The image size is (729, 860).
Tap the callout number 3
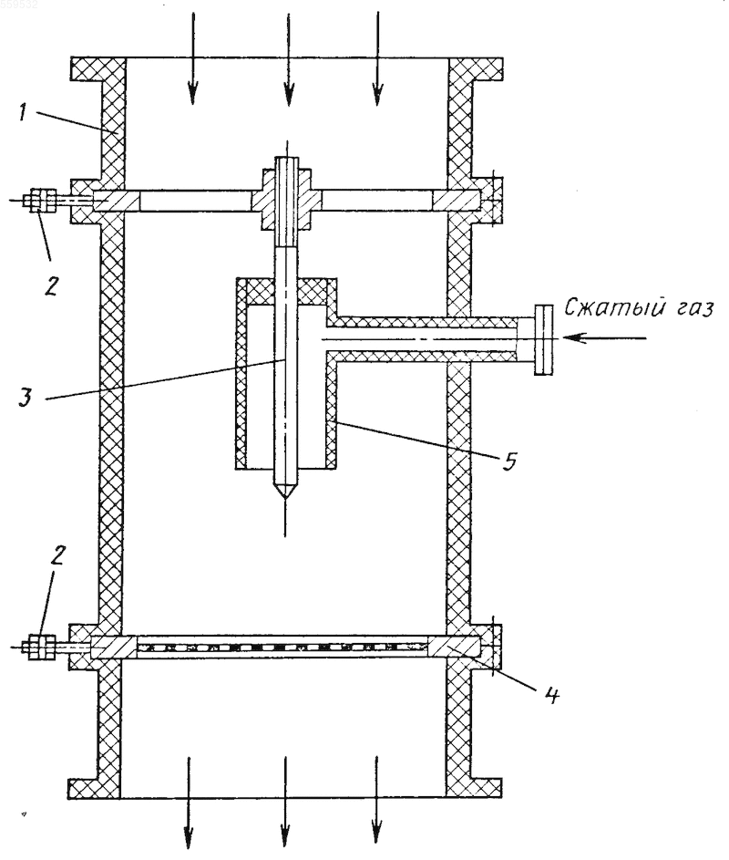[26, 397]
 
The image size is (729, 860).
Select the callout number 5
[508, 461]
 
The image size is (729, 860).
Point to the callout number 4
[551, 694]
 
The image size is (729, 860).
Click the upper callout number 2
[50, 285]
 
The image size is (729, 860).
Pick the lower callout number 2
[57, 555]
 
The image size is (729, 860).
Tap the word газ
[691, 309]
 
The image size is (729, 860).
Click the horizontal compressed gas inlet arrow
[604, 337]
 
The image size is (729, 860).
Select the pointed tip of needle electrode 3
[285, 498]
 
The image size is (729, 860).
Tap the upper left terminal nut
[39, 201]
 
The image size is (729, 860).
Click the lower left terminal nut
[39, 647]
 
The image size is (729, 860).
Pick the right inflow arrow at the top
[376, 58]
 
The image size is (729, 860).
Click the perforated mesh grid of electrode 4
[282, 648]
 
